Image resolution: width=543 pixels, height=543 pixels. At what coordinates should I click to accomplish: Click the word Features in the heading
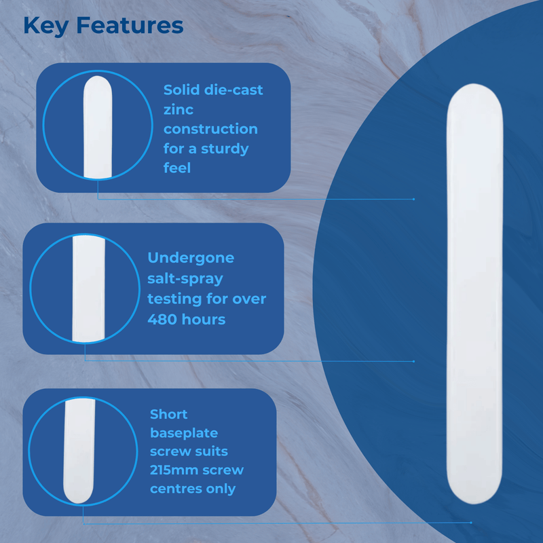click(x=130, y=26)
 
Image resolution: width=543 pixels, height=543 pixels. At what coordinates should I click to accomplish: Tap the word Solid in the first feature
click(x=181, y=90)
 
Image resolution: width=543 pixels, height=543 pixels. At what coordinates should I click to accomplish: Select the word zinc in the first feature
click(x=179, y=109)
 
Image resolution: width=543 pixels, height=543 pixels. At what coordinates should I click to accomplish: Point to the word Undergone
click(x=191, y=258)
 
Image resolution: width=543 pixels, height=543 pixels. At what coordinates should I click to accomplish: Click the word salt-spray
click(x=185, y=278)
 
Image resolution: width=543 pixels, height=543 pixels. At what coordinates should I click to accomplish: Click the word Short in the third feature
click(x=168, y=413)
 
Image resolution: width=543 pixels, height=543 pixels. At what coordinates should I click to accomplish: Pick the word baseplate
click(x=184, y=432)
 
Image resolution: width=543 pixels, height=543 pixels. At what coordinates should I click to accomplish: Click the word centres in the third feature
click(x=176, y=488)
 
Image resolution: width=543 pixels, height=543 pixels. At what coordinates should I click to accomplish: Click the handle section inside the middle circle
click(x=85, y=288)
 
